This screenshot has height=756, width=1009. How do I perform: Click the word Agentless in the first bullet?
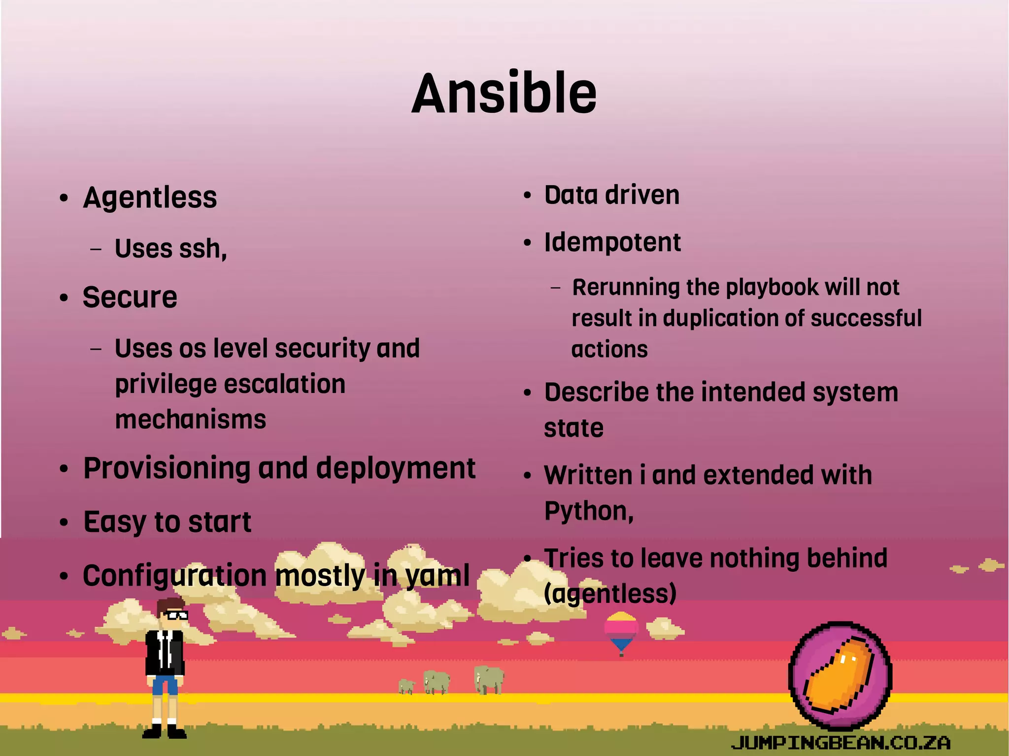150,198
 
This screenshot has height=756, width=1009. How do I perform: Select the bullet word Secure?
130,297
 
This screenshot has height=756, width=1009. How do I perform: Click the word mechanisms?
191,420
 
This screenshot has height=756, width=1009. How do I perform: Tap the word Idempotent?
612,243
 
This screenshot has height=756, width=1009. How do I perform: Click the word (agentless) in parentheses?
610,593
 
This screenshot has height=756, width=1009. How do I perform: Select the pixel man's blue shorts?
165,685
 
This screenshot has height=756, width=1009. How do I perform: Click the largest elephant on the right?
489,680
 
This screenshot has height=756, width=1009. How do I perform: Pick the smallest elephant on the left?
406,686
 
